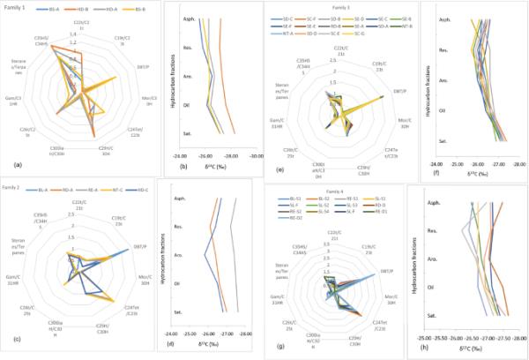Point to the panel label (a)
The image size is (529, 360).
[x=10, y=167]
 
